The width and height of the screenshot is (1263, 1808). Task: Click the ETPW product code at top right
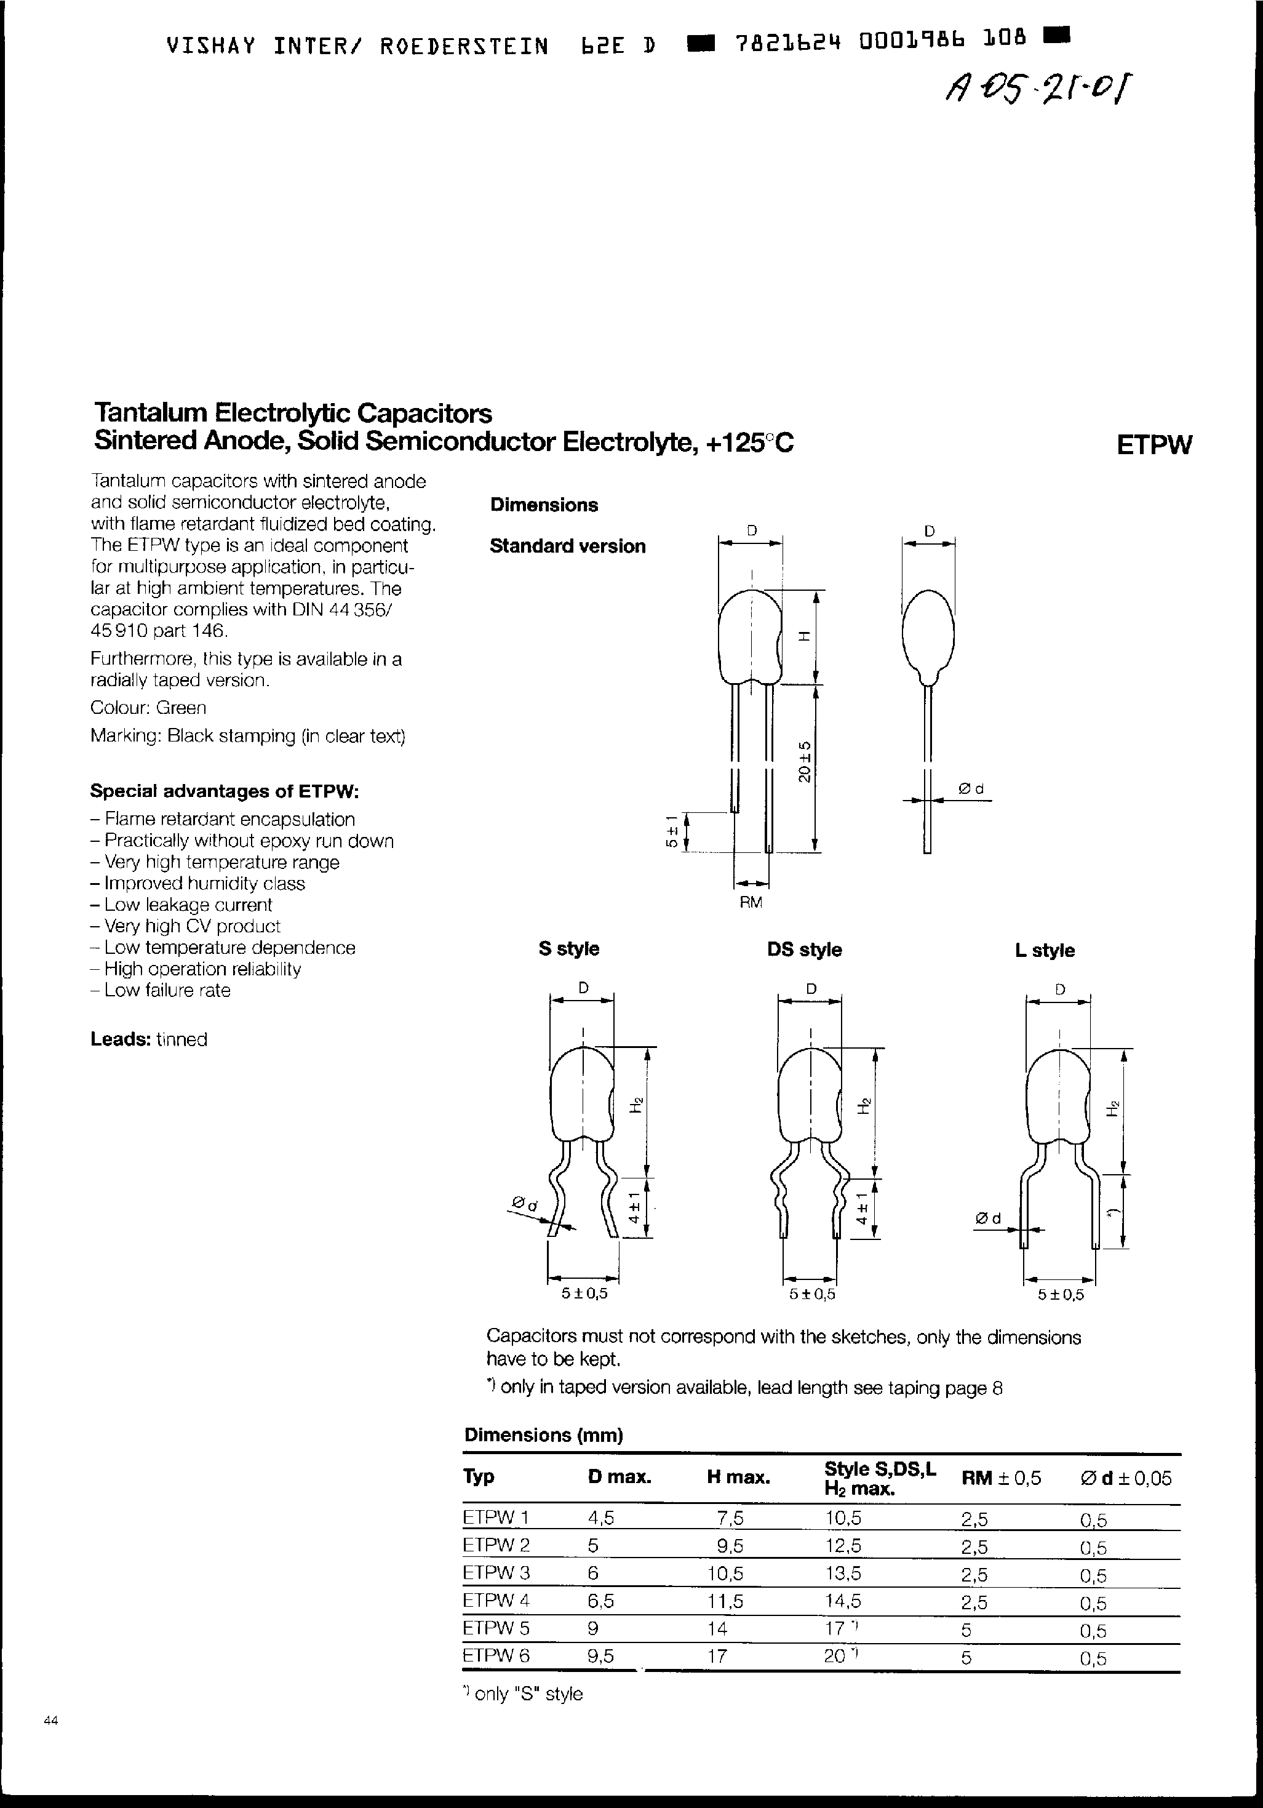(x=1153, y=445)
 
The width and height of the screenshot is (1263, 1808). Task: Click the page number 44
(x=50, y=1721)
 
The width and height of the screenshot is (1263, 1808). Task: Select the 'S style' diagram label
(x=568, y=949)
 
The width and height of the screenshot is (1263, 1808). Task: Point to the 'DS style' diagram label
(x=804, y=950)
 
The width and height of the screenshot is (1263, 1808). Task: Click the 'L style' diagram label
(x=1044, y=950)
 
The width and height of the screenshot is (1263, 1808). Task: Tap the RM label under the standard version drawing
(x=751, y=902)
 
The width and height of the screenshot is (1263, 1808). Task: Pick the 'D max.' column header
(x=619, y=1478)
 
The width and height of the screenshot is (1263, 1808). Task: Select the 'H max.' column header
(x=738, y=1478)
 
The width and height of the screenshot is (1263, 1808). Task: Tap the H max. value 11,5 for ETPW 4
(x=725, y=1601)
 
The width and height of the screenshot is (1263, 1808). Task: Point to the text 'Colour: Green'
(x=148, y=708)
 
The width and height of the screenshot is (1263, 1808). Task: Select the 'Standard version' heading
(x=567, y=546)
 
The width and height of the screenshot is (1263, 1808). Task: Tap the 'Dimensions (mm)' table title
(x=543, y=1434)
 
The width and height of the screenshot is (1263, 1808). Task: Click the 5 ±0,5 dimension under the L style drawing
(x=1061, y=1295)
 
